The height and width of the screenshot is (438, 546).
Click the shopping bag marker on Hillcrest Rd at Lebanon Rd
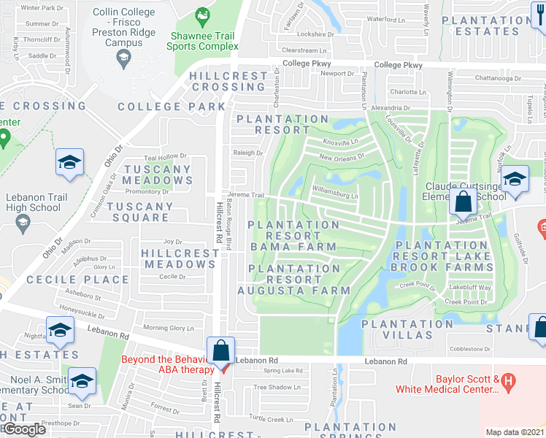(x=220, y=351)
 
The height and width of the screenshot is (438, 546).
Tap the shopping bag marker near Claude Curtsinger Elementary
(x=463, y=200)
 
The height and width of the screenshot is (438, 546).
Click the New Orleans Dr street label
(x=341, y=158)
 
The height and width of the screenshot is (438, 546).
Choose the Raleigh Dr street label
(x=248, y=153)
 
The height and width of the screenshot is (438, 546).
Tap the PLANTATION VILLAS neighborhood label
(x=397, y=329)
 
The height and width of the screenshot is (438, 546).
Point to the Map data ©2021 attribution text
(x=515, y=432)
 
